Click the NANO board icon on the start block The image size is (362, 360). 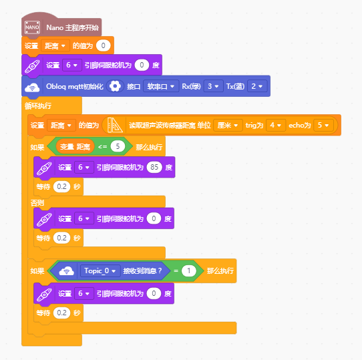tap(32, 27)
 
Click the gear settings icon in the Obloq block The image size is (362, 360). tap(115, 86)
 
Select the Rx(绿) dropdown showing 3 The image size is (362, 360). tap(213, 86)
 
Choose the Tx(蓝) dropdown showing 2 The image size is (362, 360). tap(257, 86)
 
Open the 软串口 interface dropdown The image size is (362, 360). tap(161, 86)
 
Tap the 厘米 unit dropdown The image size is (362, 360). tap(228, 125)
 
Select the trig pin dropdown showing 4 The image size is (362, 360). tap(276, 125)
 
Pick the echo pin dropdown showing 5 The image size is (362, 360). tap(323, 125)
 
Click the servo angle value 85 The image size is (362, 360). tap(154, 167)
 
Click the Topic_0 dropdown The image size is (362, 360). tap(100, 271)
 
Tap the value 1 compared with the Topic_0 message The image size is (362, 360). tap(189, 271)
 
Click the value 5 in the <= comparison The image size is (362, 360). tap(118, 146)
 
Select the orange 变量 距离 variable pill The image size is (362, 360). tap(75, 146)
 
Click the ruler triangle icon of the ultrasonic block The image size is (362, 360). tap(115, 125)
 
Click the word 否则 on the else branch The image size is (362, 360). tap(37, 203)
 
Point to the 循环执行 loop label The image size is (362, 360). tap(38, 106)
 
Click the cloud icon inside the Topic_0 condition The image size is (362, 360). tap(66, 271)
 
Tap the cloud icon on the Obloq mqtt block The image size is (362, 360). tap(32, 87)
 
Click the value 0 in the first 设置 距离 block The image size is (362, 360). tap(104, 45)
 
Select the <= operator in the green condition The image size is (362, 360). tap(102, 146)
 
